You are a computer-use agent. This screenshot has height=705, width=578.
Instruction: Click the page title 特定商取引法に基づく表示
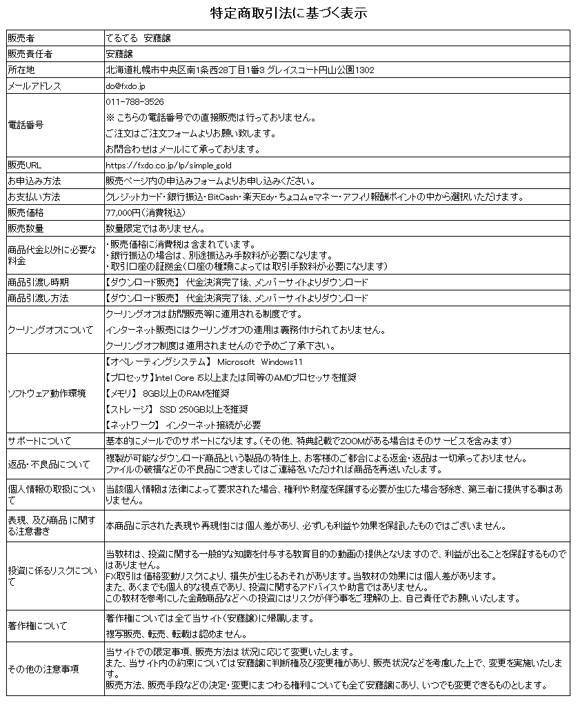288,13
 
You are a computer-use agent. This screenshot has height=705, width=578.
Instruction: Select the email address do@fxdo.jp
126,86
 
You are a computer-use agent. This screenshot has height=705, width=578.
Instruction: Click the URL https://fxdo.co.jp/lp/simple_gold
169,166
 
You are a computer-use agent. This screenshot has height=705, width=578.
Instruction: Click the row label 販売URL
25,166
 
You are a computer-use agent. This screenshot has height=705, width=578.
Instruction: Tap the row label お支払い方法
34,197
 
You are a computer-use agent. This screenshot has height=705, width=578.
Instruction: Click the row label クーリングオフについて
50,330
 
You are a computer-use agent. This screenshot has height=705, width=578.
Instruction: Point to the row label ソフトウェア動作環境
46,393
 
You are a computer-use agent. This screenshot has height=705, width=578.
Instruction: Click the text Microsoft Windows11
260,362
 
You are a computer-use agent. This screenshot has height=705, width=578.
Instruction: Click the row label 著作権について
37,626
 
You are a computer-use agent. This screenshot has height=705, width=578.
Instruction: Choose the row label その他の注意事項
43,669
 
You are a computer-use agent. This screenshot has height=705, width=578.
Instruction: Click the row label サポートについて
39,441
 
